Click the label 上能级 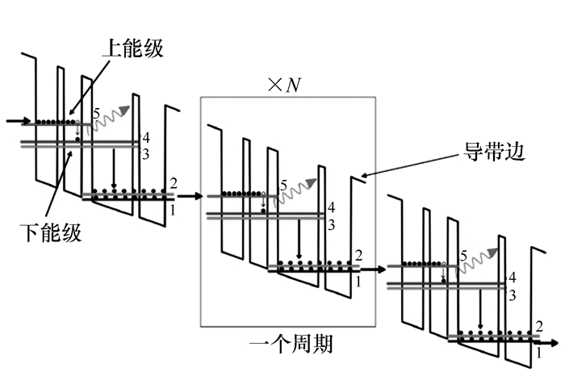click(x=132, y=48)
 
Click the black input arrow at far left click(x=15, y=122)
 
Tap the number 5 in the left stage click(x=97, y=114)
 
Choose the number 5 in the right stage click(x=463, y=257)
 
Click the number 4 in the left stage click(x=145, y=137)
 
